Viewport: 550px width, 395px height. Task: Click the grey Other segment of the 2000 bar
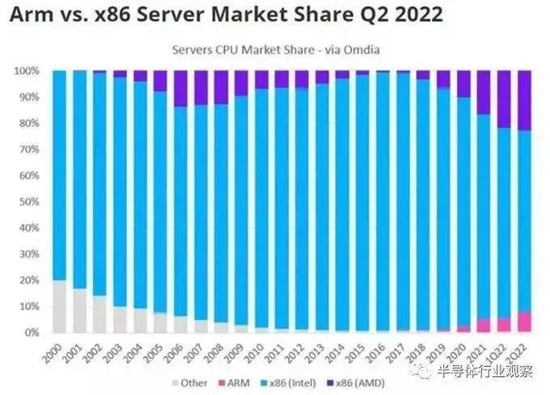coord(58,307)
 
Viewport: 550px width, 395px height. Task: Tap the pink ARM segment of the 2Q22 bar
coord(524,322)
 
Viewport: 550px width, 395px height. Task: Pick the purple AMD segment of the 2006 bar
coord(180,88)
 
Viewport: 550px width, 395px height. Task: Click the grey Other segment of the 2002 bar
coord(99,314)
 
